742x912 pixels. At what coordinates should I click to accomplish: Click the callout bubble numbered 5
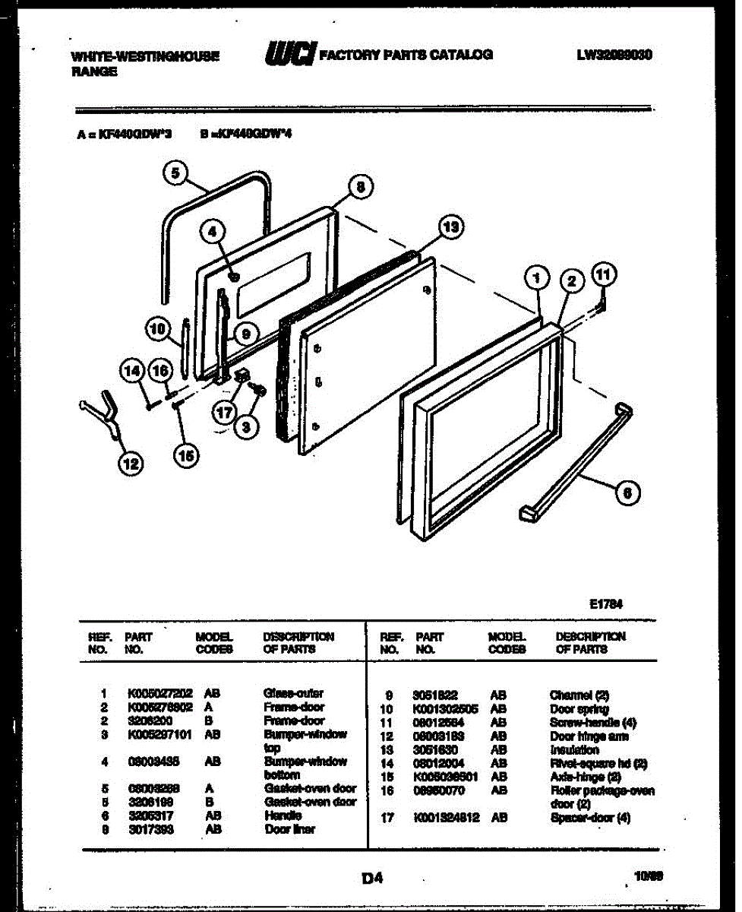pos(175,173)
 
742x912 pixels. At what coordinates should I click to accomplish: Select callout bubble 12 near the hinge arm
pos(131,462)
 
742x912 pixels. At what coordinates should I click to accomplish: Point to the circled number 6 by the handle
pos(627,494)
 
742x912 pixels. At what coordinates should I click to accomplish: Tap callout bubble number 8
pos(361,186)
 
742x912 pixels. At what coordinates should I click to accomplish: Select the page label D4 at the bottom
pos(371,879)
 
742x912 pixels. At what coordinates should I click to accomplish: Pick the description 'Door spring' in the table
pos(579,709)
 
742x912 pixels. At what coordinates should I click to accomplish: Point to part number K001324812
pos(447,819)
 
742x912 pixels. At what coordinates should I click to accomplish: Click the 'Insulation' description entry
pos(574,750)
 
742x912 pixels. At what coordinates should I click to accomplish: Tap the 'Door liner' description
pos(289,829)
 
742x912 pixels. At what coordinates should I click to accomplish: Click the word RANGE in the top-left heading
pos(93,71)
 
